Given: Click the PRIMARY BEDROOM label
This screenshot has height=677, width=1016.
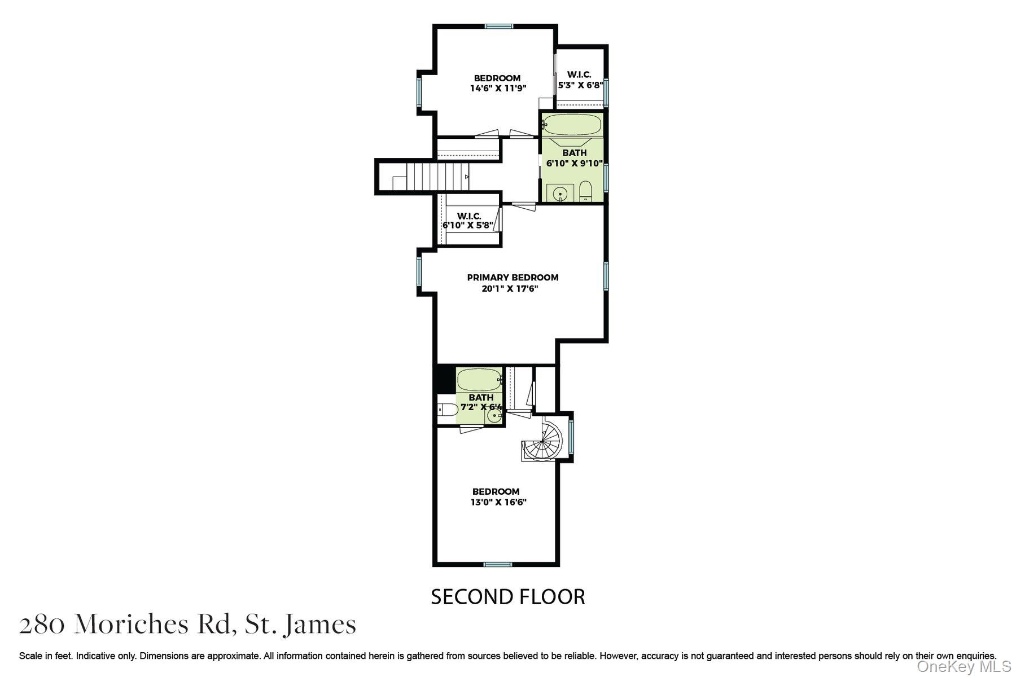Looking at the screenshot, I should click(x=513, y=278).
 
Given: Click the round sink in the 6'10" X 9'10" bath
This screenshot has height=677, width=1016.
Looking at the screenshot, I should click(x=559, y=193).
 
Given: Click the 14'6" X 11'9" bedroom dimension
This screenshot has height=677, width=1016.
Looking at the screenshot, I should click(x=498, y=88).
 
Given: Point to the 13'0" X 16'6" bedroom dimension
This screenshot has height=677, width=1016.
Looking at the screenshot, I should click(x=499, y=502).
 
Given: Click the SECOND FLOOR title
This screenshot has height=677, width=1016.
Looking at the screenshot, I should click(x=508, y=597).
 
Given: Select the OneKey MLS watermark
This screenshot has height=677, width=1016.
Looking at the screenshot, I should click(x=964, y=667).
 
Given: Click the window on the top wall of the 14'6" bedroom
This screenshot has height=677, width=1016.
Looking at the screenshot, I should click(x=499, y=26).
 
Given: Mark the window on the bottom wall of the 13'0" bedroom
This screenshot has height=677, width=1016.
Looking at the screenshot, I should click(x=498, y=564).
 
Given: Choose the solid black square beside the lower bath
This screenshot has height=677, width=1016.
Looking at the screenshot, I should click(x=444, y=379).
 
